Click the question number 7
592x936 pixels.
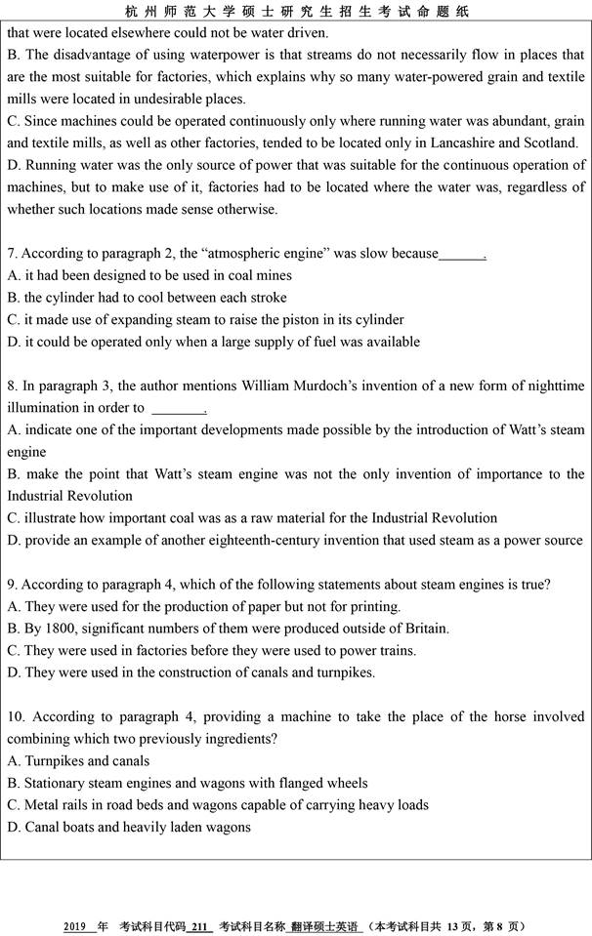[x=13, y=254]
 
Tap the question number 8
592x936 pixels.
[x=13, y=387]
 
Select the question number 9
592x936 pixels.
[x=13, y=585]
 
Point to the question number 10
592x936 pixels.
[x=17, y=717]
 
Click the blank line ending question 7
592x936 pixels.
[x=462, y=256]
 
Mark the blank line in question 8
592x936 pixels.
[x=178, y=410]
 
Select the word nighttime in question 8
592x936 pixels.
[x=552, y=387]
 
